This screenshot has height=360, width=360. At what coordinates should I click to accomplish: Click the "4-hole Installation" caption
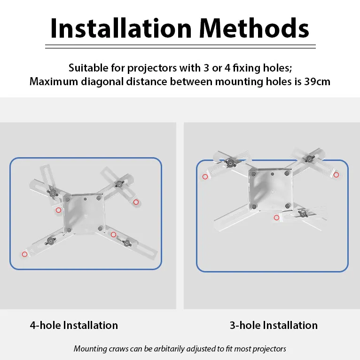tap(74, 325)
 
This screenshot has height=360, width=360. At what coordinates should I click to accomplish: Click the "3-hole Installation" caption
tap(274, 325)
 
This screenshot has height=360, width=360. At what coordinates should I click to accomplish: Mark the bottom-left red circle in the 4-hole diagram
tap(24, 254)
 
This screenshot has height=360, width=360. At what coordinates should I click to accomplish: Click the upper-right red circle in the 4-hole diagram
tap(136, 202)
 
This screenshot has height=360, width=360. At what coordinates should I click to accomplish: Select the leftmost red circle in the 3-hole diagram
tap(205, 177)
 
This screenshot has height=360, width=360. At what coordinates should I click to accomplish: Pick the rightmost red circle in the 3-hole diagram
tap(336, 175)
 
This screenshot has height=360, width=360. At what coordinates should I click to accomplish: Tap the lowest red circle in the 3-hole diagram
tap(276, 217)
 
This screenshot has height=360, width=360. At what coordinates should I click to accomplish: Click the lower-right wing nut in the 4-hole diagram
tap(126, 243)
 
